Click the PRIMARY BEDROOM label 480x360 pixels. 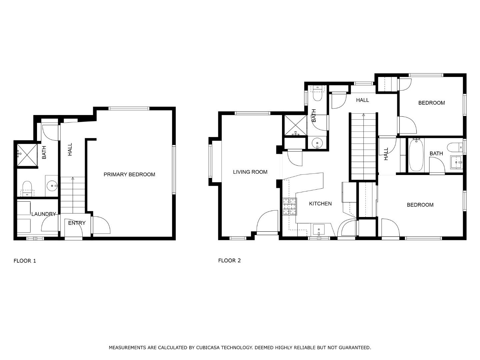pos(129,174)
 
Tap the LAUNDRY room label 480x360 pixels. pos(43,214)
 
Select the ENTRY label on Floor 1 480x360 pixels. pos(77,223)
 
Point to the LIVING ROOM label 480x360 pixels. pos(250,172)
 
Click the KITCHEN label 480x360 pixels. pos(320,204)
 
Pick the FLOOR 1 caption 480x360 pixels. pos(25,261)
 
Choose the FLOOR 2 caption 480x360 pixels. pos(229,260)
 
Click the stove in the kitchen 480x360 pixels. pos(289,206)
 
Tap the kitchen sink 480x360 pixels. pos(319,230)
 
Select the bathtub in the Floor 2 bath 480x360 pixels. pos(416,155)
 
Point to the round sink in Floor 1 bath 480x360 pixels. pos(52,186)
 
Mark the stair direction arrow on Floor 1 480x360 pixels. pos(73,179)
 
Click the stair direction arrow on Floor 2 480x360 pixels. pos(363,115)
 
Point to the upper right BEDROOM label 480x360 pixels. pos(431,103)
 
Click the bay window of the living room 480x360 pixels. pos(211,161)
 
